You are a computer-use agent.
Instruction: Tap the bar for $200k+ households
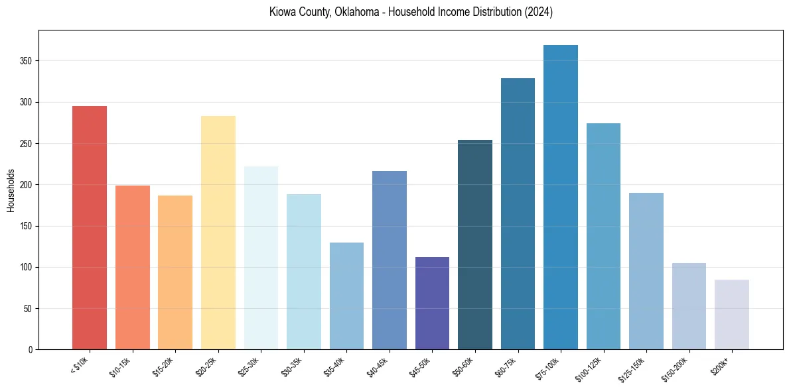click(731, 314)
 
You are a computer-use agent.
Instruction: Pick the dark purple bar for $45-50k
click(432, 303)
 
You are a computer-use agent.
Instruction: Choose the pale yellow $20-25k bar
click(218, 232)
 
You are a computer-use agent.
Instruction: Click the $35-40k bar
click(346, 296)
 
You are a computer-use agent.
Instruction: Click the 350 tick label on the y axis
click(25, 61)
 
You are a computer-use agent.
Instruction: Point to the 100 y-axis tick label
click(25, 267)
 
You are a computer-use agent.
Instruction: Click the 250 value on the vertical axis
click(25, 144)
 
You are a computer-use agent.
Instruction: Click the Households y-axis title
click(11, 190)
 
